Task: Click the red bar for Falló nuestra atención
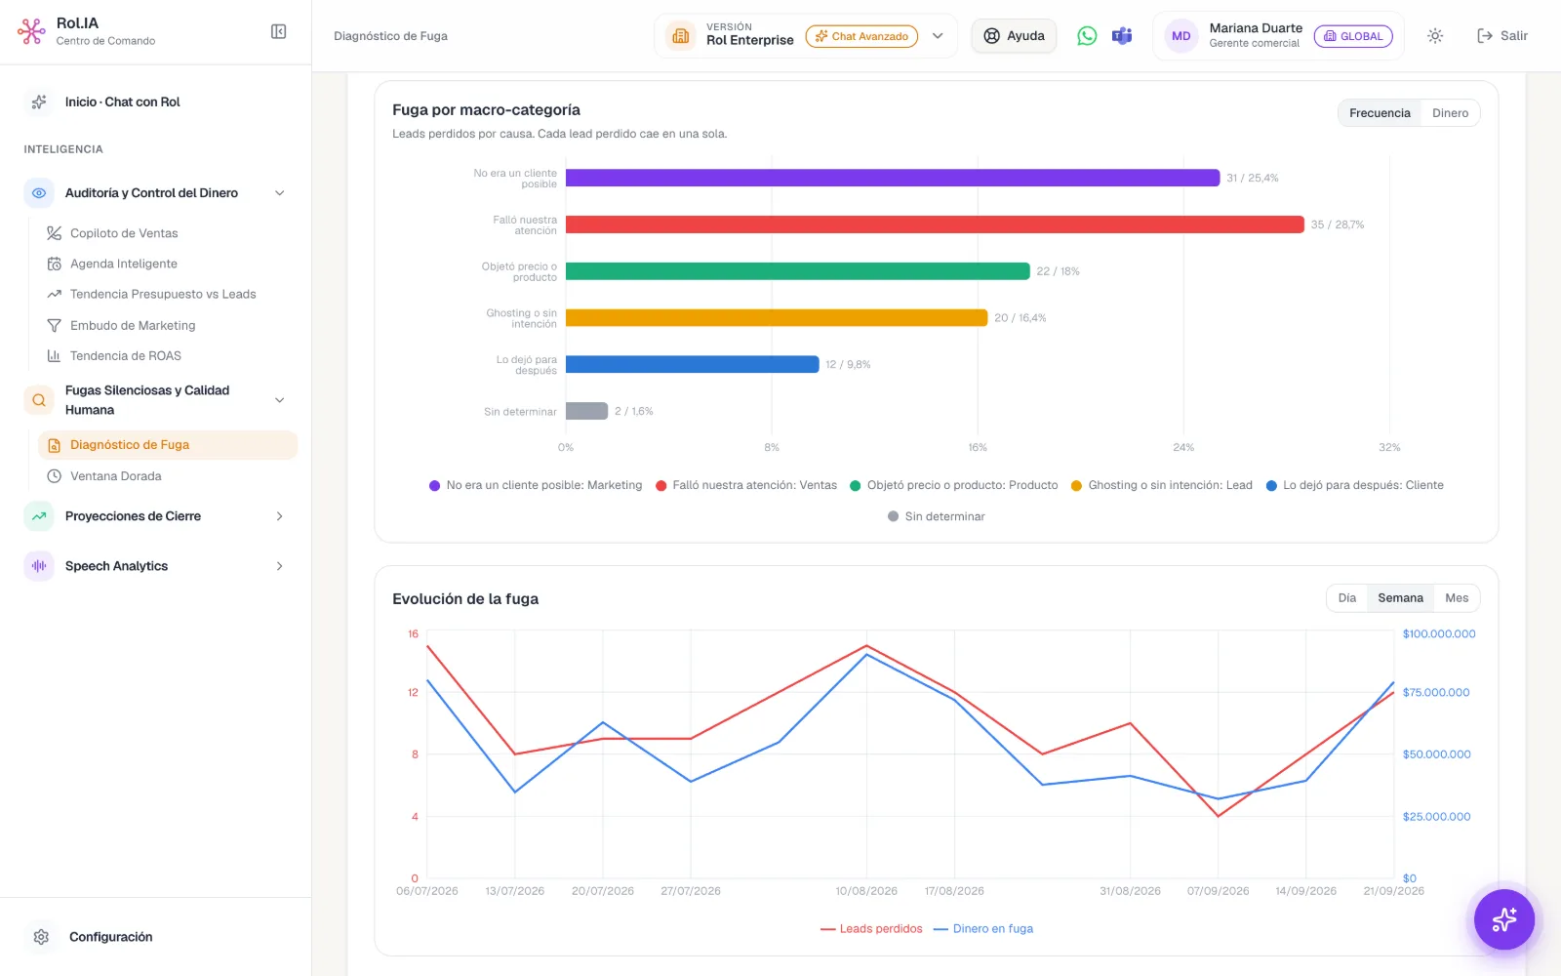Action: [x=935, y=224]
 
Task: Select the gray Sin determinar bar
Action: [x=586, y=411]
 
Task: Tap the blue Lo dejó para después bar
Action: [x=692, y=364]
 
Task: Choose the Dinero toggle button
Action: [x=1450, y=113]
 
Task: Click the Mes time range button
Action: [x=1456, y=598]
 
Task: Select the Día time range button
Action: [x=1346, y=598]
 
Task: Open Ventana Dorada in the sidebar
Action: [x=116, y=476]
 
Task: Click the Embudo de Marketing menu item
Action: [x=133, y=326]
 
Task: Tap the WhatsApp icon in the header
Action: [x=1087, y=35]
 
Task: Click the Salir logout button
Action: [x=1501, y=35]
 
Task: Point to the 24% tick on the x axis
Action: [x=1182, y=447]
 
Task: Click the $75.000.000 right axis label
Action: [x=1435, y=692]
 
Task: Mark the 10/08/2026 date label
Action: [x=866, y=891]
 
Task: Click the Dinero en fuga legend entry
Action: [x=982, y=928]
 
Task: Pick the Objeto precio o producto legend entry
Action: [x=953, y=485]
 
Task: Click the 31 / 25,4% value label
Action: [x=1253, y=178]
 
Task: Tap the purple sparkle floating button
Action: [x=1503, y=919]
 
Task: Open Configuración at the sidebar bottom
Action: [x=110, y=937]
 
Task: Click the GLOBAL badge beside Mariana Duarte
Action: [x=1352, y=36]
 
